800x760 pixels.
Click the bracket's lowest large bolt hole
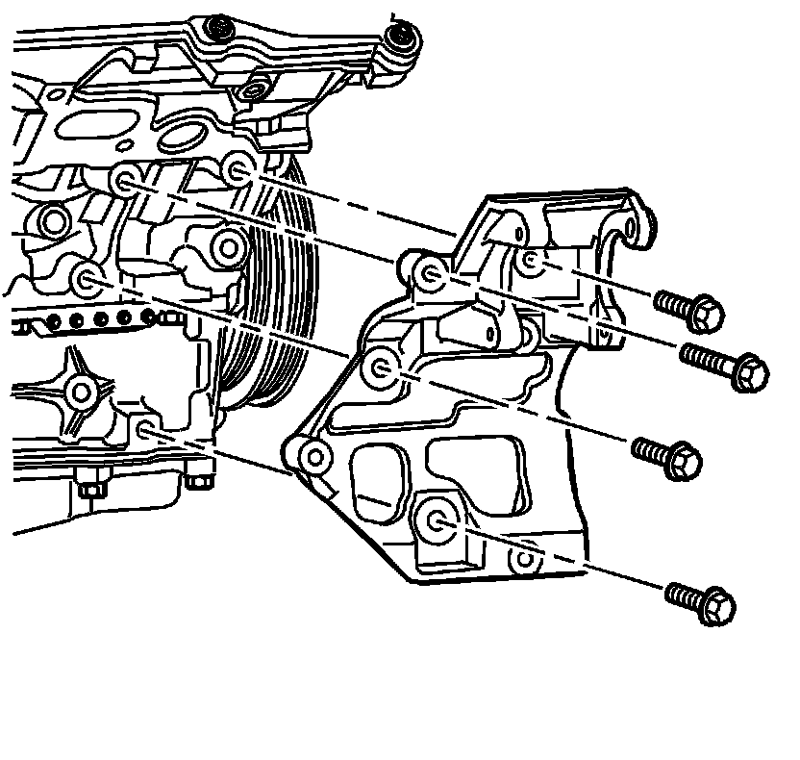point(437,520)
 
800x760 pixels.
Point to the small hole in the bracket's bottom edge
point(524,556)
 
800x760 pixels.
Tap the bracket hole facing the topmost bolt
point(530,260)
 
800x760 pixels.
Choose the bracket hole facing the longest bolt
point(432,274)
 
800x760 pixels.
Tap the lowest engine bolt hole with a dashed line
point(146,429)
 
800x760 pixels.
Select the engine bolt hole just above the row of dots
point(88,280)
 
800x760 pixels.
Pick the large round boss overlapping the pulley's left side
point(228,247)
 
